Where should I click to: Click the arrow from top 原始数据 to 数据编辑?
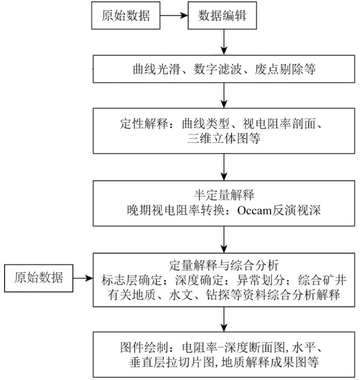(x=174, y=15)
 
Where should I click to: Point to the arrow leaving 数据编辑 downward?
(x=224, y=42)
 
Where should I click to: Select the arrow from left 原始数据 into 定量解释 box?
(x=83, y=278)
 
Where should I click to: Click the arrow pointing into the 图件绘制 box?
(x=224, y=319)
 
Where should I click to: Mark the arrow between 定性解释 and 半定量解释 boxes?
(x=224, y=167)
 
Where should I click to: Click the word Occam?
(x=254, y=210)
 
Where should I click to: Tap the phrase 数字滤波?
(x=218, y=69)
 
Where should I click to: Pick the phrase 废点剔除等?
(x=285, y=69)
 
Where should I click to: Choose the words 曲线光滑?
(x=156, y=69)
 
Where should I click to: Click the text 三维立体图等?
(x=224, y=139)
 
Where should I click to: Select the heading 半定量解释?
(x=224, y=195)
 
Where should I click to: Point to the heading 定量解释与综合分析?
(x=224, y=265)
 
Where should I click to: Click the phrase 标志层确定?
(x=132, y=280)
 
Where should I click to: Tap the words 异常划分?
(x=261, y=280)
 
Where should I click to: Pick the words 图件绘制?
(x=144, y=347)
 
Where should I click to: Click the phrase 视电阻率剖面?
(x=279, y=124)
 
